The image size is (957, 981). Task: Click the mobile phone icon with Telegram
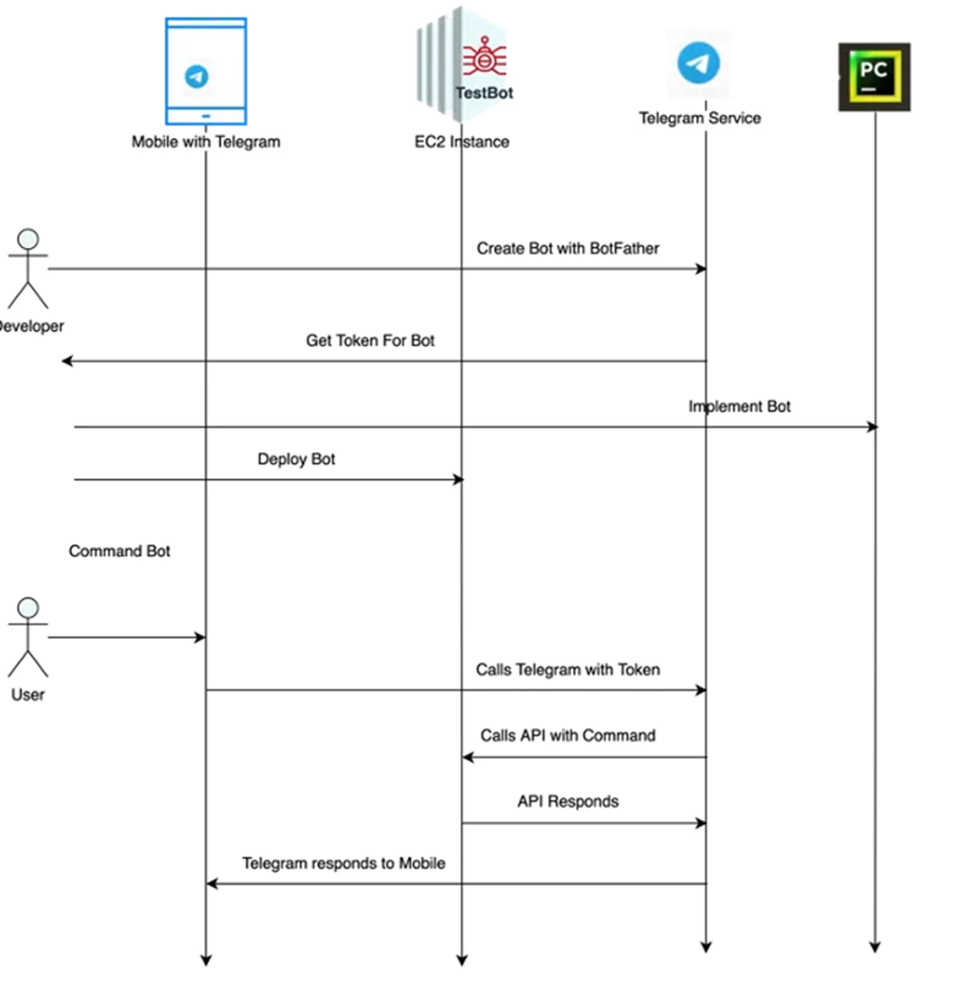click(x=206, y=71)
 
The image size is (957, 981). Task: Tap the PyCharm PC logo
click(x=874, y=76)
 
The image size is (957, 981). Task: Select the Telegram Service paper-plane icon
click(x=699, y=63)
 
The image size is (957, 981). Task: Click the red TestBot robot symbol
click(x=484, y=58)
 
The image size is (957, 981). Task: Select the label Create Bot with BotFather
click(x=568, y=248)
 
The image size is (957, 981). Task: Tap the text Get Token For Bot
click(x=370, y=341)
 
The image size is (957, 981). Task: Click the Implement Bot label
click(x=739, y=407)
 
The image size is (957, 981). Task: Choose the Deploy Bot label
click(x=296, y=459)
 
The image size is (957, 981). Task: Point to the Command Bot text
click(x=120, y=551)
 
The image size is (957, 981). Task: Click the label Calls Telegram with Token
click(x=568, y=670)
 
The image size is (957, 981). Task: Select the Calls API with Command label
click(x=568, y=735)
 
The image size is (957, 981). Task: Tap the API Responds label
click(x=568, y=801)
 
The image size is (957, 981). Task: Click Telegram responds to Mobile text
click(x=344, y=863)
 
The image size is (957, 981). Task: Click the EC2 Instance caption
click(x=461, y=142)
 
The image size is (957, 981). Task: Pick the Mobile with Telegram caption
click(x=206, y=142)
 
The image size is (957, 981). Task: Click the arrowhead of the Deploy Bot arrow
click(x=459, y=479)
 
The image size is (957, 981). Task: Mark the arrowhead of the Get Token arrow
click(x=67, y=361)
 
